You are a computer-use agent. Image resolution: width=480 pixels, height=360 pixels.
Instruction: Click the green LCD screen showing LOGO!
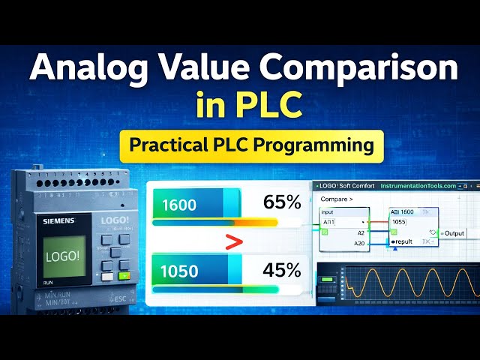click(x=61, y=256)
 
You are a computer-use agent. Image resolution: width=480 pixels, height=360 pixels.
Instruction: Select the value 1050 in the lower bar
click(x=180, y=268)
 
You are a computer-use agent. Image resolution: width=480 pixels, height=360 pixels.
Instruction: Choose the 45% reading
click(x=282, y=268)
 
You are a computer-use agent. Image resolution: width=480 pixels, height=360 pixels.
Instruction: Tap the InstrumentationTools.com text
click(x=418, y=187)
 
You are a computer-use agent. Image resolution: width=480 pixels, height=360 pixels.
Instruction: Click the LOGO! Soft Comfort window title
click(x=349, y=187)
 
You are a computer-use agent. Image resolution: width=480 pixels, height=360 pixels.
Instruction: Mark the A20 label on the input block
click(x=360, y=243)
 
